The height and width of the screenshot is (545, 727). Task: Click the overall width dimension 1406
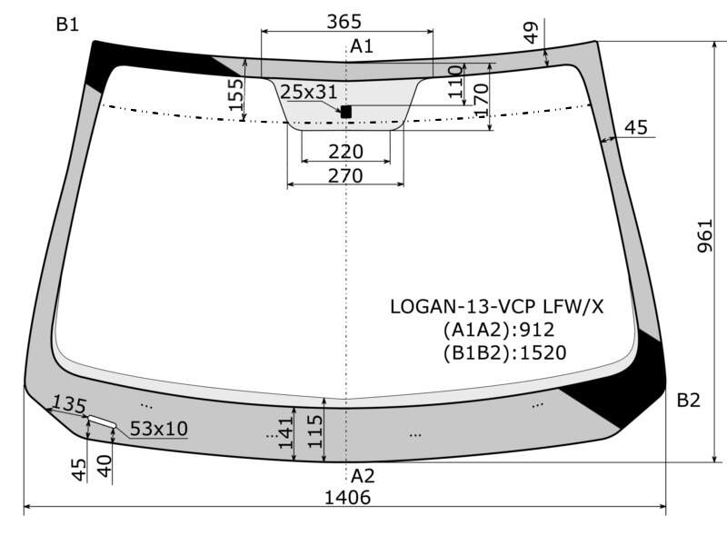(x=347, y=497)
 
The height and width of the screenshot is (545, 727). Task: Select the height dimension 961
(x=704, y=236)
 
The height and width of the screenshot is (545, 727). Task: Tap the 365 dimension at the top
(x=344, y=21)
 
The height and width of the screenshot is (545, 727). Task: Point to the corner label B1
(x=67, y=25)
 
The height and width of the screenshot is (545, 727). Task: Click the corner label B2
(x=689, y=400)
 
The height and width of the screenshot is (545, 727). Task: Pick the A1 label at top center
(x=362, y=46)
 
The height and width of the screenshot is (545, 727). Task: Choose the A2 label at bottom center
(x=363, y=476)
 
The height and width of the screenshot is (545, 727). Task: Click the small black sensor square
(x=346, y=112)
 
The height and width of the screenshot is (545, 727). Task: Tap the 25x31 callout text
(x=309, y=92)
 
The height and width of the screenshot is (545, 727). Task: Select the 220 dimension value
(x=346, y=152)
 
